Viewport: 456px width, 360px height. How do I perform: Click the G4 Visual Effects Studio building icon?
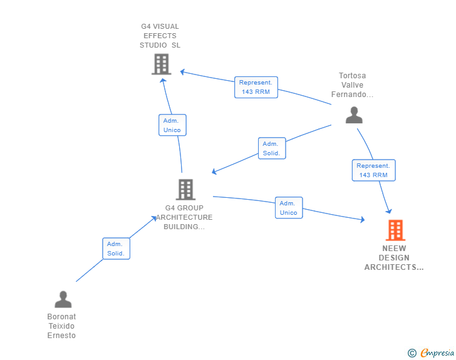(x=161, y=64)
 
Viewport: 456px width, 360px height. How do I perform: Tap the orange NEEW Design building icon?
(x=395, y=230)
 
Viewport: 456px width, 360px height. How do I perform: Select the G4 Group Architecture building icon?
(x=185, y=189)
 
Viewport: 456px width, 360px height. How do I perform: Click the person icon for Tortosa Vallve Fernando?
(x=354, y=115)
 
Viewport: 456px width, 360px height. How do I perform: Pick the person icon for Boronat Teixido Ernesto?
(x=63, y=299)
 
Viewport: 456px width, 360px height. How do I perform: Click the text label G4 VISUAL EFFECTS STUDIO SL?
(x=160, y=36)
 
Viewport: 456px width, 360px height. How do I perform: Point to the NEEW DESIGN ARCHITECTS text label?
(x=394, y=258)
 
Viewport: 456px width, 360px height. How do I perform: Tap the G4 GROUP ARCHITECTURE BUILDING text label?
(x=184, y=217)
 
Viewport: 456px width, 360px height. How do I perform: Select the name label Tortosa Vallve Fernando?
(x=353, y=85)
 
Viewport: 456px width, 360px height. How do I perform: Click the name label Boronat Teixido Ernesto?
(x=61, y=326)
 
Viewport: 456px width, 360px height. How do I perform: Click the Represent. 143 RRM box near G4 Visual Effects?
(x=256, y=87)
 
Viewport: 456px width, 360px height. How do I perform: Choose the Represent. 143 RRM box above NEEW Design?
(x=373, y=170)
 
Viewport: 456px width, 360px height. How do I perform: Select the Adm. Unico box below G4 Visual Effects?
(x=172, y=125)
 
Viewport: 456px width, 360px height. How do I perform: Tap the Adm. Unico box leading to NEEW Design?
(x=288, y=208)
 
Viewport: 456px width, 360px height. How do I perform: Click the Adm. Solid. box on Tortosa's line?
(x=271, y=148)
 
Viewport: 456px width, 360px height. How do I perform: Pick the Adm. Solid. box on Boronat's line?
(x=116, y=249)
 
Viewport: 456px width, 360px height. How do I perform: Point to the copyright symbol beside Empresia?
(x=412, y=353)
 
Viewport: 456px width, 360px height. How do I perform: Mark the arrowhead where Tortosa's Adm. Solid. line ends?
(x=214, y=172)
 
